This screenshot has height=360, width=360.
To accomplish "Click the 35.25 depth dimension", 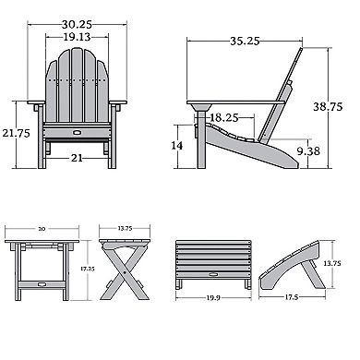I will pos(242,41).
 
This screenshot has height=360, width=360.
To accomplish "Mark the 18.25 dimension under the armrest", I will pos(224,118).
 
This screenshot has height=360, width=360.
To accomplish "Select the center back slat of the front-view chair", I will pos(78,88).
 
